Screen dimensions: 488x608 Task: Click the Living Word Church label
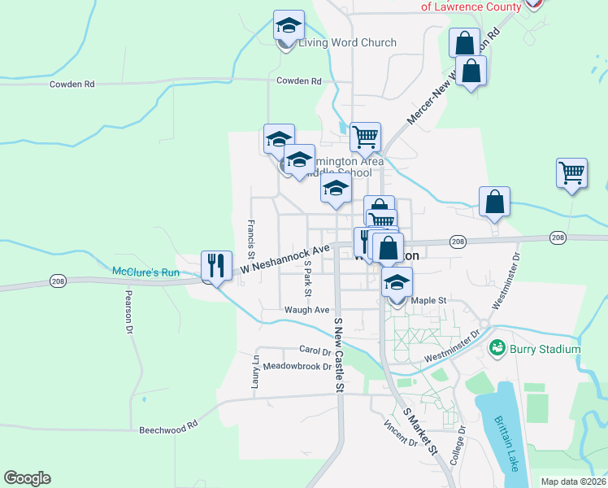tap(347, 43)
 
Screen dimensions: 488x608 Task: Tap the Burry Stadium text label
tap(545, 350)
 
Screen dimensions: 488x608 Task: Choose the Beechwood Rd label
tap(168, 427)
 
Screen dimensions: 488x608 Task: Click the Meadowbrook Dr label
tap(297, 367)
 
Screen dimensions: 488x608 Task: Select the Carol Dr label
tap(315, 351)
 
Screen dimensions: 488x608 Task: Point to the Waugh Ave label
tap(306, 310)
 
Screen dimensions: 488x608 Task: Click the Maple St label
tap(429, 301)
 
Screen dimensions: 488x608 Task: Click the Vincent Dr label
tap(402, 435)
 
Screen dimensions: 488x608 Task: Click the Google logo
tap(28, 478)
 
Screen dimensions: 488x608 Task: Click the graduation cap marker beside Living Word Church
tap(289, 26)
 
